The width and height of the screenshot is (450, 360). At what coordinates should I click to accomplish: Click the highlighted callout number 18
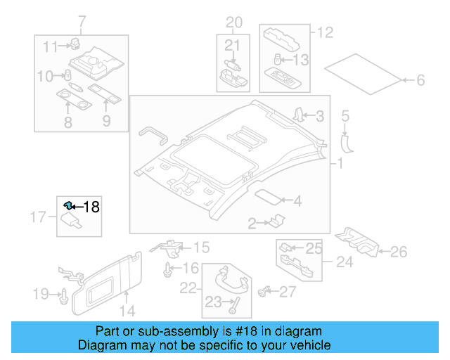point(92,206)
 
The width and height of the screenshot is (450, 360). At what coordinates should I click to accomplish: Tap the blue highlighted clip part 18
point(68,205)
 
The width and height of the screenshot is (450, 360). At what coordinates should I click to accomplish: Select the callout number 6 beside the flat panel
point(420,81)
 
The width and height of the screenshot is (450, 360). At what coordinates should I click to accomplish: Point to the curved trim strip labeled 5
point(346,141)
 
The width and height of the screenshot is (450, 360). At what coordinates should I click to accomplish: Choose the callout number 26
point(398,251)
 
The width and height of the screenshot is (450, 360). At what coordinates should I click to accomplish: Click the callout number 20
point(233,21)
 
